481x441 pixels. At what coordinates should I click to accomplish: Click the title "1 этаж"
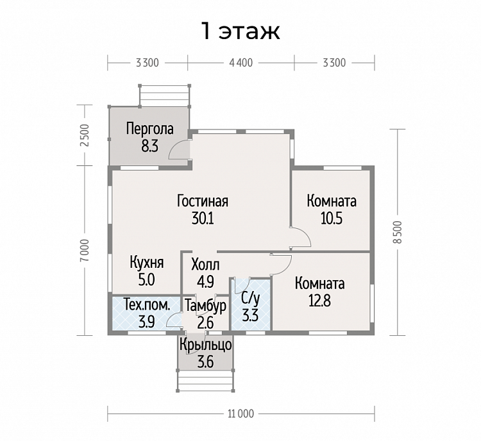pos(240,31)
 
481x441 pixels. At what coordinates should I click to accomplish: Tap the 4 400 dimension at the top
pos(240,63)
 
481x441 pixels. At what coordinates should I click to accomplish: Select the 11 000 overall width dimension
pos(240,413)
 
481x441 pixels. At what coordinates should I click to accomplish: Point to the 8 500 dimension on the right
pos(397,232)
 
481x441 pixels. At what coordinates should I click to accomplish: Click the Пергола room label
pos(149,129)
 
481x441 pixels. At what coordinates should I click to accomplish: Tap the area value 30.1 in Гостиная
pos(203,219)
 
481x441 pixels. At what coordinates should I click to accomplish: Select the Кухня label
pos(147,263)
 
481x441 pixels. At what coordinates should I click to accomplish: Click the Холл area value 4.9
pos(205,282)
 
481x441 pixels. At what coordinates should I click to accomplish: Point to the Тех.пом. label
pos(147,306)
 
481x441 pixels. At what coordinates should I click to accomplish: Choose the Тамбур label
pos(206,306)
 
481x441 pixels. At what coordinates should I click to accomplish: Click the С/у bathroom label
pos(250,297)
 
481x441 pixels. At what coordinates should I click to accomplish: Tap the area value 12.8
pos(319,301)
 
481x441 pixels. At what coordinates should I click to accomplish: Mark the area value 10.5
pos(332,219)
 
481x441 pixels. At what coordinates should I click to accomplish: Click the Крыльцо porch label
pos(205,345)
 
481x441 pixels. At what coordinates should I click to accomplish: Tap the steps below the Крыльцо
pos(205,381)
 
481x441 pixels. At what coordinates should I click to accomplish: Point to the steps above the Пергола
pos(164,96)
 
